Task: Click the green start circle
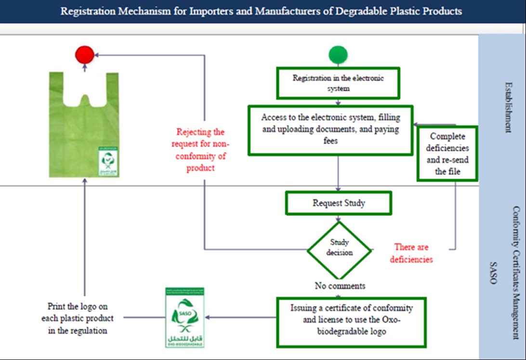(338, 54)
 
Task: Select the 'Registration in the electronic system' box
(338, 83)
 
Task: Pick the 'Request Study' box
(338, 203)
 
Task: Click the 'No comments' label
(340, 286)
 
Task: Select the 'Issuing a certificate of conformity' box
(352, 321)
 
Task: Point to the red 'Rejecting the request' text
(201, 149)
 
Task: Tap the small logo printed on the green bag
(108, 161)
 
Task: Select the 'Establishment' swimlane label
(507, 107)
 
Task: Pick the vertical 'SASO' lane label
(493, 272)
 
